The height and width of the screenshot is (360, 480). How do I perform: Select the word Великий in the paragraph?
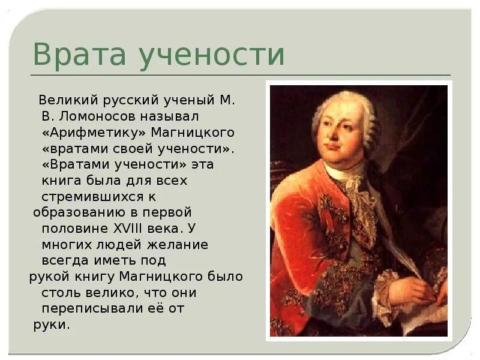[x=64, y=100]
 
